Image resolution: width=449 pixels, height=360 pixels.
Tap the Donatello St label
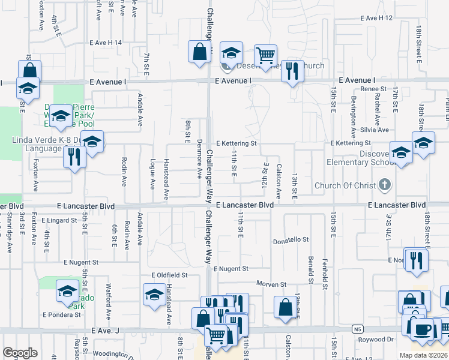[291, 239]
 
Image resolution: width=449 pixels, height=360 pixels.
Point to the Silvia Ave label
[374, 130]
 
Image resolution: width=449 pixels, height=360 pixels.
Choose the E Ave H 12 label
[376, 18]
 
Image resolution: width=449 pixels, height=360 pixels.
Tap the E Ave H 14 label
[106, 43]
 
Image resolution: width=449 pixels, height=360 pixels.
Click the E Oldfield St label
[170, 275]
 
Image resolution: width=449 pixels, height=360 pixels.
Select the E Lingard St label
[60, 220]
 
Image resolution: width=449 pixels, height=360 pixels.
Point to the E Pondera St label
[61, 314]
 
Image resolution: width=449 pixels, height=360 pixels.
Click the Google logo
[20, 353]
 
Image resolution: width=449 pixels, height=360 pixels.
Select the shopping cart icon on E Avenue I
[265, 56]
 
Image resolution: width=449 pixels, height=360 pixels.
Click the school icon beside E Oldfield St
[154, 294]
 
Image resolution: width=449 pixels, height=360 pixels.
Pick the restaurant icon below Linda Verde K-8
[74, 157]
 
